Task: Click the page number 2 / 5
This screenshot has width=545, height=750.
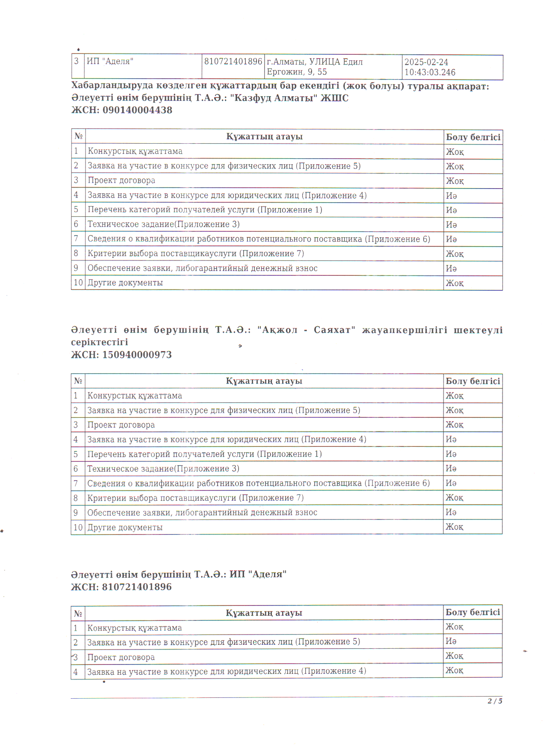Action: pos(495,701)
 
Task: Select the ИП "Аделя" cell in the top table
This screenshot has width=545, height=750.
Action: pos(110,62)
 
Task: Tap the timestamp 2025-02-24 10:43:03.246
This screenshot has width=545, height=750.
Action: pos(430,67)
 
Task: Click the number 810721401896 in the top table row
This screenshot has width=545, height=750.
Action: pos(233,62)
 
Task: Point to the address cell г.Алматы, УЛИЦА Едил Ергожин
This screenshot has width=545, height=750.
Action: pos(314,67)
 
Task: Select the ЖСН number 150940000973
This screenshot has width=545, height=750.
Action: pos(137,355)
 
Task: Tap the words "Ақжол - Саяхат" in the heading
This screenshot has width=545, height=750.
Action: pos(306,330)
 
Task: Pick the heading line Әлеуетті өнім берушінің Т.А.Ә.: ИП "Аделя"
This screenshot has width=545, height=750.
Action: pos(179,574)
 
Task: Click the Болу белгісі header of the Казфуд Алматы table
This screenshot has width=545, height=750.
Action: pos(473,137)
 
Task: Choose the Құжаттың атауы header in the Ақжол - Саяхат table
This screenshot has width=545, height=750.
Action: pos(264,381)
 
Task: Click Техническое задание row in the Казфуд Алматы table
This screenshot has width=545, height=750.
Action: pos(163,224)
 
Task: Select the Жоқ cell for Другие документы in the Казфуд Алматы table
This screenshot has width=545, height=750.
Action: pos(455,283)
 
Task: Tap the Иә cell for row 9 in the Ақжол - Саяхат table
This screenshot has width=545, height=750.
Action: pos(451,512)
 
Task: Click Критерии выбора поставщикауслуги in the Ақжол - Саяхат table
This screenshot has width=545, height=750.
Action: pos(195,498)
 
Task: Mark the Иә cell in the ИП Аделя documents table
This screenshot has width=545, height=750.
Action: pos(451,641)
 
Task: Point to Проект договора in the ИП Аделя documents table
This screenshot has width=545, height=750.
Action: pos(121,657)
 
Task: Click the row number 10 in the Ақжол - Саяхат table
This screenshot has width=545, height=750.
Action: pos(78,527)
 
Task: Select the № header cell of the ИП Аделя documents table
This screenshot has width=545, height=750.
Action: pos(78,613)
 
